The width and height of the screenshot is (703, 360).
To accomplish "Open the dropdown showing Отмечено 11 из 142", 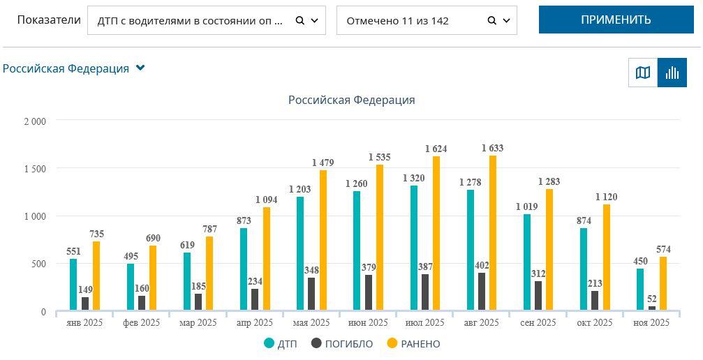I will tap(426, 20).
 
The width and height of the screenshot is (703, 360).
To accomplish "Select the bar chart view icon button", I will tap(672, 73).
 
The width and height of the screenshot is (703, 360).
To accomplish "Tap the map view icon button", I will tap(643, 73).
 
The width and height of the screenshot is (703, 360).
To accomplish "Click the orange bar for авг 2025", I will tap(493, 233).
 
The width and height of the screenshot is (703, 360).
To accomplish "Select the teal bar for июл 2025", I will tap(414, 248).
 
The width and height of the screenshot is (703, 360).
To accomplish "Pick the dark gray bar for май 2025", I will tap(311, 294).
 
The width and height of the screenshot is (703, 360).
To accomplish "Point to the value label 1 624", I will tap(436, 149).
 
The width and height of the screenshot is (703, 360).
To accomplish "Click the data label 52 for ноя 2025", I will tap(652, 299).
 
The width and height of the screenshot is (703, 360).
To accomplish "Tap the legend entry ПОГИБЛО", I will tap(342, 344).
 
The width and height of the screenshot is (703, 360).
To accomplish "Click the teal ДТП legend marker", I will tap(269, 343).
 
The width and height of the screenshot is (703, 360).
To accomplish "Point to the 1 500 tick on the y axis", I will tap(34, 169).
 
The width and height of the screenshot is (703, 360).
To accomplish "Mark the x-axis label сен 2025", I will tap(538, 322).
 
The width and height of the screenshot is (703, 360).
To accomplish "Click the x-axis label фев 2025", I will tap(141, 322).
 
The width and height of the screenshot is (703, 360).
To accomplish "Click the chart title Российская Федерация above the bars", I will tap(351, 100).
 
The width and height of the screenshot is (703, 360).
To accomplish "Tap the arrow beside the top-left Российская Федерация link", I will tap(140, 68).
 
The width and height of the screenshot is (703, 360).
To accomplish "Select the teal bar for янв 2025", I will tap(73, 285).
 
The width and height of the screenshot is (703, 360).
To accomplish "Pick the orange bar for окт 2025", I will tap(606, 257).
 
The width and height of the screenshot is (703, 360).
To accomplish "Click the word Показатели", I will tap(49, 20).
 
